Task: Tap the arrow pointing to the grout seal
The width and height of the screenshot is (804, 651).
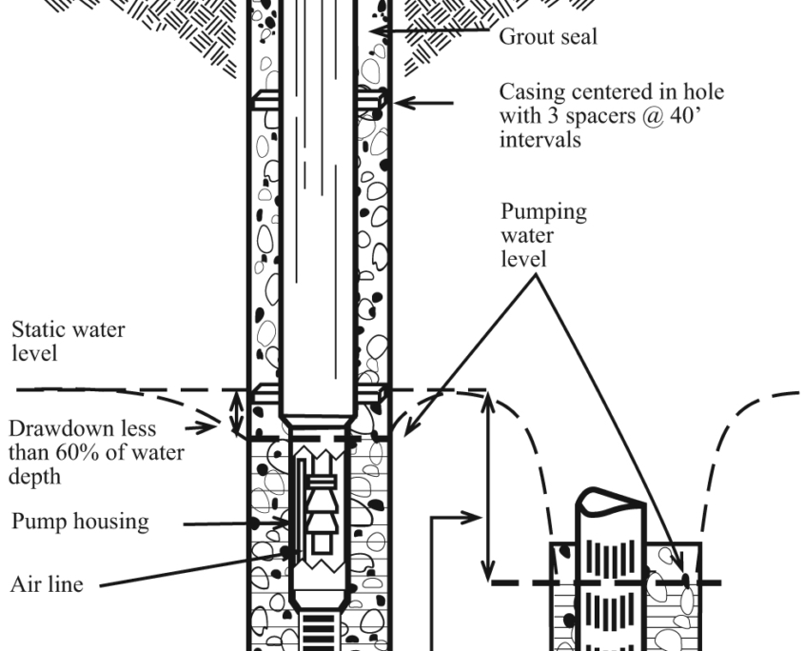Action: point(428,31)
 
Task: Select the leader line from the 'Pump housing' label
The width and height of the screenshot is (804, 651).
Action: point(225,523)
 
